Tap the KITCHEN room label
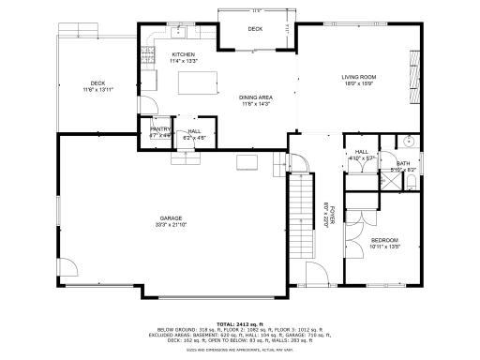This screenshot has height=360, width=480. click(x=183, y=54)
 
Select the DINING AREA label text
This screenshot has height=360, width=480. click(x=230, y=97)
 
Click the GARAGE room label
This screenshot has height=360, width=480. click(x=171, y=217)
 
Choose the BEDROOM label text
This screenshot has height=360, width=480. click(x=385, y=240)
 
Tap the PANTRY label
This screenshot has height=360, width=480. click(x=160, y=130)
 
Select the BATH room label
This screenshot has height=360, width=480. click(x=403, y=163)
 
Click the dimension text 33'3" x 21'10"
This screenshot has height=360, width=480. click(x=171, y=225)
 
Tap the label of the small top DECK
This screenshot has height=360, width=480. click(x=255, y=29)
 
